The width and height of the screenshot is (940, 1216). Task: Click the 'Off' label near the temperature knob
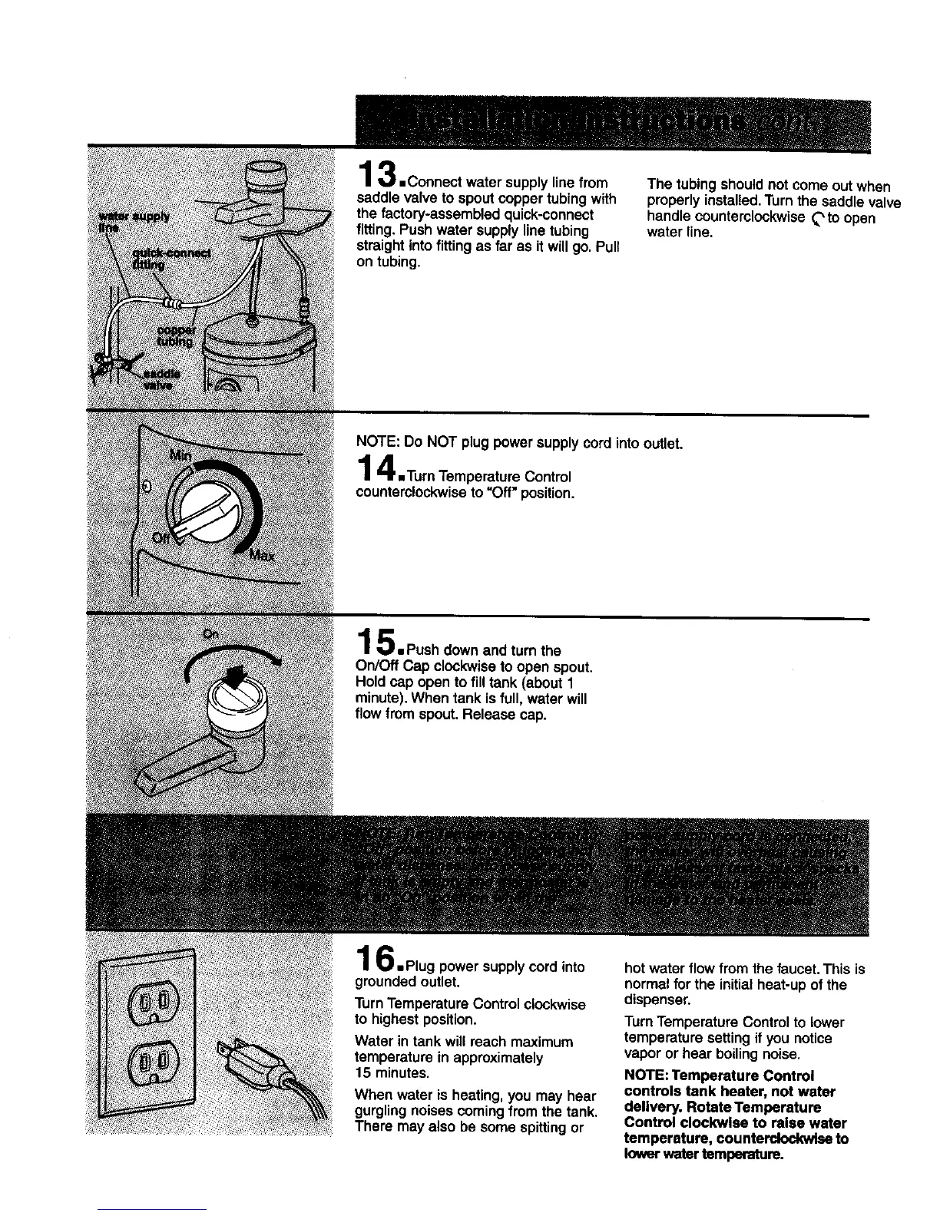(x=162, y=537)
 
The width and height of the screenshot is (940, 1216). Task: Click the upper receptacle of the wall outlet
(x=156, y=1006)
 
